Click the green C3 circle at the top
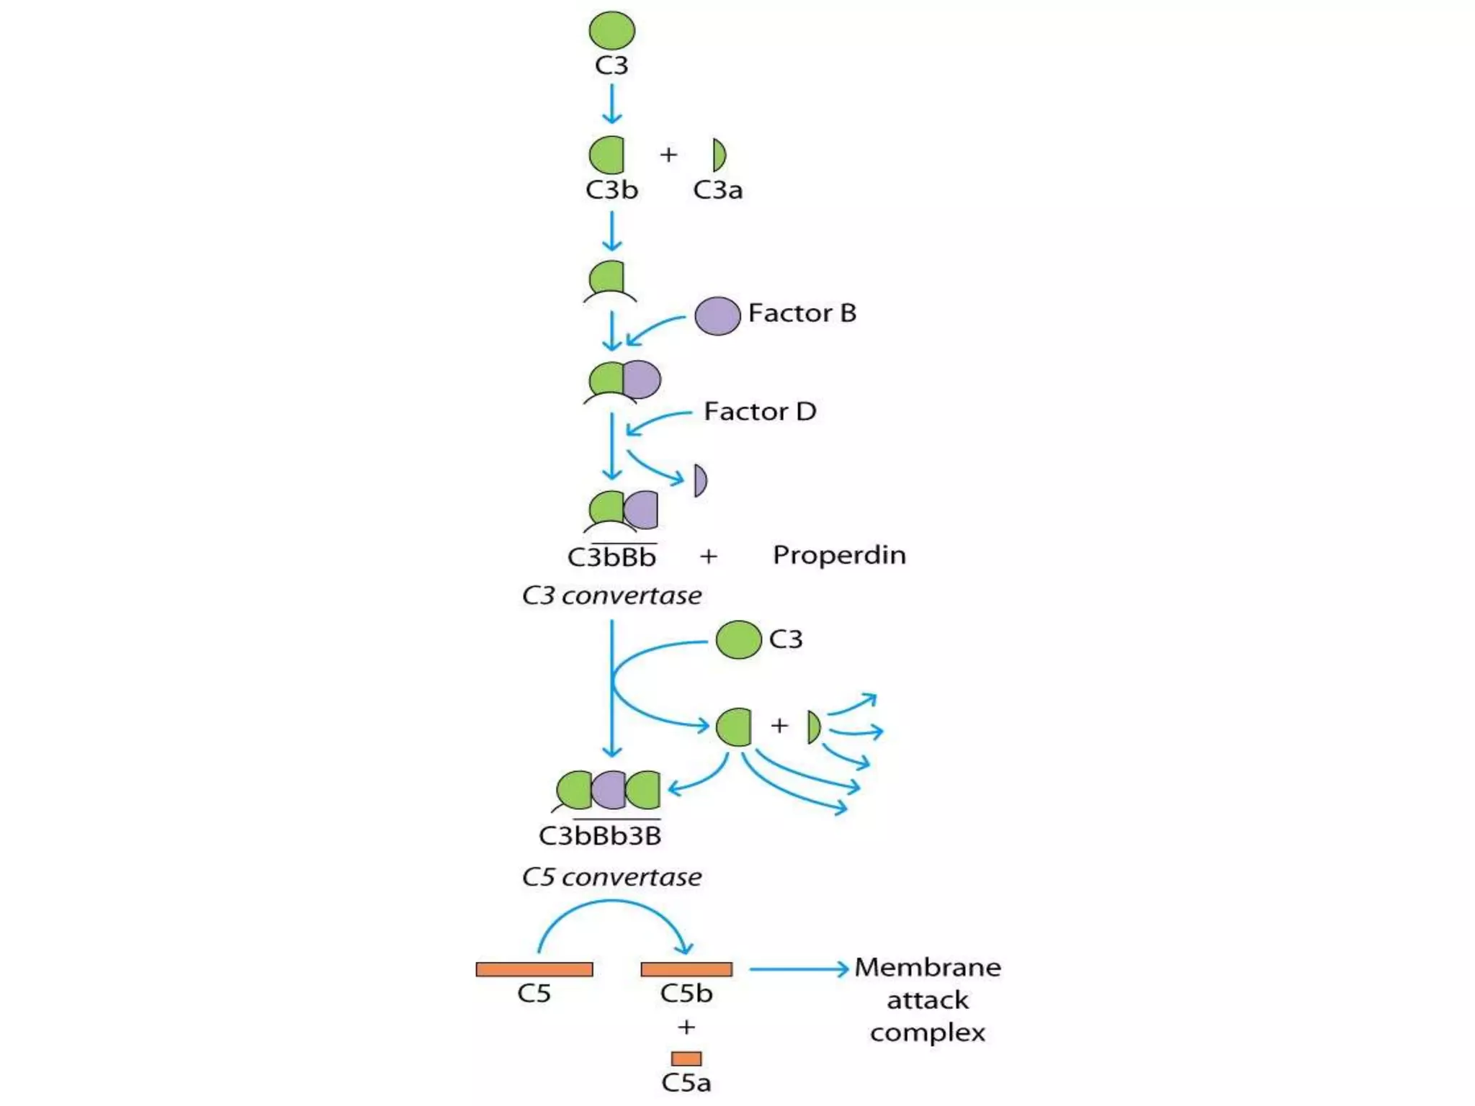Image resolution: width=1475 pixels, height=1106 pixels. (611, 31)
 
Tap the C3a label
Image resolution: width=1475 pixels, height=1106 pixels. (717, 190)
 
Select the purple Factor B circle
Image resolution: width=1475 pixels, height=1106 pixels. (717, 315)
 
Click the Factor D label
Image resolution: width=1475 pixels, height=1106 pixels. (760, 412)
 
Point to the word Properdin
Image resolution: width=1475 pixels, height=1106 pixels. (839, 555)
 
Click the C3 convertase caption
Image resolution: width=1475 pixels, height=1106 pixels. (611, 595)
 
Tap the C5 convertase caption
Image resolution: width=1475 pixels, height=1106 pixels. (611, 877)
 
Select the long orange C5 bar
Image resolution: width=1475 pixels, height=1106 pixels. (534, 969)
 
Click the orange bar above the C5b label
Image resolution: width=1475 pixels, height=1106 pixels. (686, 969)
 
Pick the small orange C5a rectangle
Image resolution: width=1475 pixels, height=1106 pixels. (686, 1058)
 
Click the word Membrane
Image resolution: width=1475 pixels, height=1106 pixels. (928, 967)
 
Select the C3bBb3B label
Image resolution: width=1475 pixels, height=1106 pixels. (600, 836)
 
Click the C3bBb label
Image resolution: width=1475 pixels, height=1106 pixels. (611, 557)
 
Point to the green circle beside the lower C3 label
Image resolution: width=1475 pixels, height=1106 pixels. (738, 639)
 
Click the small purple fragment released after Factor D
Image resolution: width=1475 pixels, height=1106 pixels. (699, 480)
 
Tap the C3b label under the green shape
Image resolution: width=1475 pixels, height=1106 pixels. (611, 190)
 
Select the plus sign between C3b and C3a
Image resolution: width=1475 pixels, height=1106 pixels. (668, 155)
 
